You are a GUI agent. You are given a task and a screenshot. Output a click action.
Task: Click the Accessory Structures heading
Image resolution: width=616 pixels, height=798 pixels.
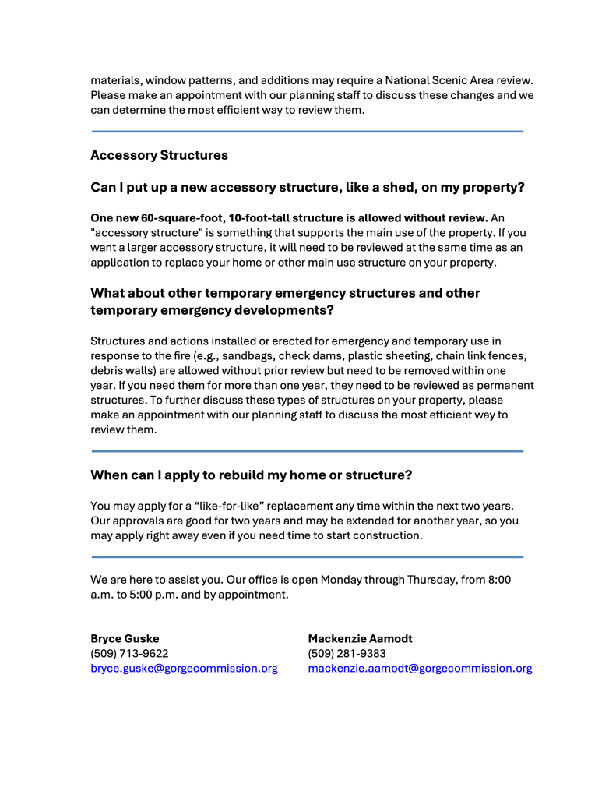(159, 155)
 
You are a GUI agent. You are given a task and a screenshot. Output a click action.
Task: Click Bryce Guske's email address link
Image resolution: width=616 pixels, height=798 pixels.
(184, 669)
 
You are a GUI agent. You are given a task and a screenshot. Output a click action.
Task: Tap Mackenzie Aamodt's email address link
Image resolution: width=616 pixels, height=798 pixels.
(420, 669)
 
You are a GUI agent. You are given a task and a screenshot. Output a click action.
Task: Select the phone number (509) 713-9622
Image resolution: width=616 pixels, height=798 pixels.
(129, 654)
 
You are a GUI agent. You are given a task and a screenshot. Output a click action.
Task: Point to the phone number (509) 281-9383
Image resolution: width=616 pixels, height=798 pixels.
(347, 654)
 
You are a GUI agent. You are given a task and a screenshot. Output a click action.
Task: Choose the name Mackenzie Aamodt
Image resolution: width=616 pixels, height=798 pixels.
(360, 639)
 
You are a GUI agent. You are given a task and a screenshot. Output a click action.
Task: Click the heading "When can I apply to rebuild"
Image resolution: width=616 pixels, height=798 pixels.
(251, 475)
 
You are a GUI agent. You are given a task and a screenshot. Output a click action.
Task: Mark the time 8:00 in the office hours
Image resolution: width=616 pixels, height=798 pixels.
(497, 580)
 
